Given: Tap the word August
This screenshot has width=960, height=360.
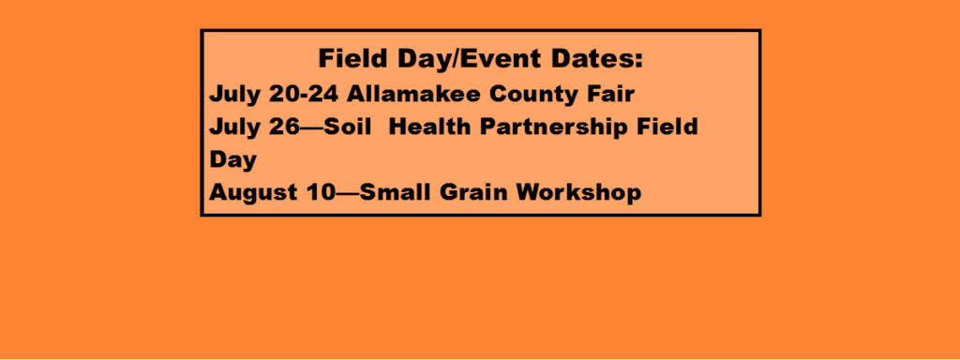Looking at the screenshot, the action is tap(253, 193).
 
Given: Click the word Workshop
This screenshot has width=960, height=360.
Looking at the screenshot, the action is tap(577, 193).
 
